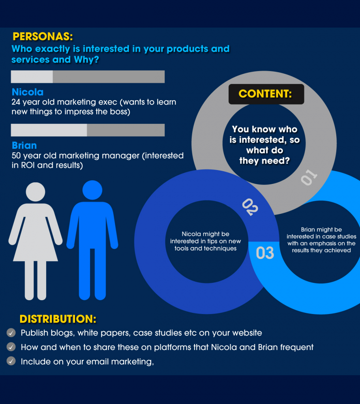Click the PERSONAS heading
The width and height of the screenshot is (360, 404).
coord(43,37)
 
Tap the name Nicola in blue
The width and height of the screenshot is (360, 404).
coord(28,92)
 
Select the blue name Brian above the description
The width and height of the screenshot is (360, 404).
coord(24,145)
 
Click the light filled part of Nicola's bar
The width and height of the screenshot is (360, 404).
coord(32,77)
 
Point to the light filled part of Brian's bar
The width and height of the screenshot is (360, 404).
coord(49,130)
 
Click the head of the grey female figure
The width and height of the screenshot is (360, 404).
coord(36,192)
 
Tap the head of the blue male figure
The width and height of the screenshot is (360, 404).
coord(92,190)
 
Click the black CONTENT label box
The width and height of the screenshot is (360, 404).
coord(266,94)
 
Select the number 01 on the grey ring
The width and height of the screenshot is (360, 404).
coord(309,177)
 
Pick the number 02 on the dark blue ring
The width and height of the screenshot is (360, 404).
coord(250,207)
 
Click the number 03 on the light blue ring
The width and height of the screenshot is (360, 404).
coord(265,253)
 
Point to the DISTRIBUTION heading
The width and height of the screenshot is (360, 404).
coord(58,319)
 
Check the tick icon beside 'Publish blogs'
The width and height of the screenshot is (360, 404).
coord(11,333)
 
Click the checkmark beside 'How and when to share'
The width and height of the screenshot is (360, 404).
coord(11,347)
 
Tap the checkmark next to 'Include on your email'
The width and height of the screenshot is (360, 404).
coord(11,361)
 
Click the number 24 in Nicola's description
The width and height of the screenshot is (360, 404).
coord(16,102)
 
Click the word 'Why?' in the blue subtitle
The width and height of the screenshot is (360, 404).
coord(86,60)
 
